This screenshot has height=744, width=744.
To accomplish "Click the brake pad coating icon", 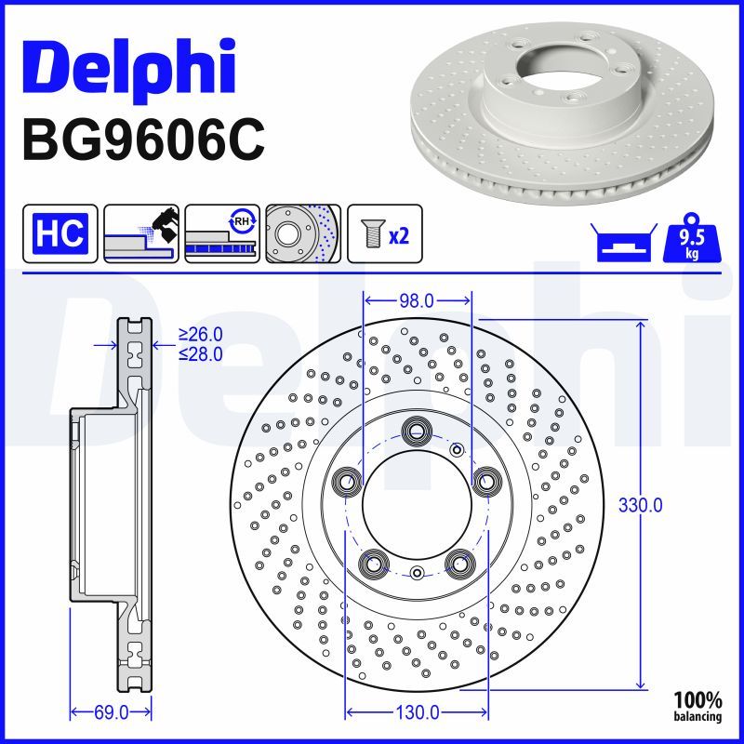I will (x=141, y=232).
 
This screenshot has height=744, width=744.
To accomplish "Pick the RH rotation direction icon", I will (x=222, y=232).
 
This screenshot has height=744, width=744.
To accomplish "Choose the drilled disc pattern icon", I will (x=303, y=232).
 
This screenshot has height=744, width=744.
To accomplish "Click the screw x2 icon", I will (x=384, y=232).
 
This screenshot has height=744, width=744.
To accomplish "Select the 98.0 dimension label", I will (x=417, y=300).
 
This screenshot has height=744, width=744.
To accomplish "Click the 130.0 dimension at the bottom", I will (x=417, y=712).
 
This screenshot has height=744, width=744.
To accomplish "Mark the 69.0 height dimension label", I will (x=111, y=712).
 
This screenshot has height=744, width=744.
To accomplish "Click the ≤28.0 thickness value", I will (x=201, y=353).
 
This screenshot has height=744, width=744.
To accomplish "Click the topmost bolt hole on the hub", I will (x=416, y=430).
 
